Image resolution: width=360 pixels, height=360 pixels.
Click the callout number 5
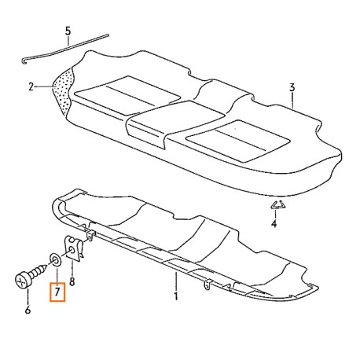pyautogui.click(x=68, y=31)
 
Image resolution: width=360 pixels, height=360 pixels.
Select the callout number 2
pyautogui.click(x=31, y=86)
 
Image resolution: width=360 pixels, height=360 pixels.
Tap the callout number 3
pyautogui.click(x=292, y=87)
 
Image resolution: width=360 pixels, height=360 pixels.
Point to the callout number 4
pyautogui.click(x=274, y=223)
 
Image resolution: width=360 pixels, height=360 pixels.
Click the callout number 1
pyautogui.click(x=176, y=296)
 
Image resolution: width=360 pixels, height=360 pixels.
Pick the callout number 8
pyautogui.click(x=72, y=281)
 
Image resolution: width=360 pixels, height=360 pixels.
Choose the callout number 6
pyautogui.click(x=28, y=310)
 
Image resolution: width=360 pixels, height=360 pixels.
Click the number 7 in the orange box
pyautogui.click(x=57, y=292)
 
